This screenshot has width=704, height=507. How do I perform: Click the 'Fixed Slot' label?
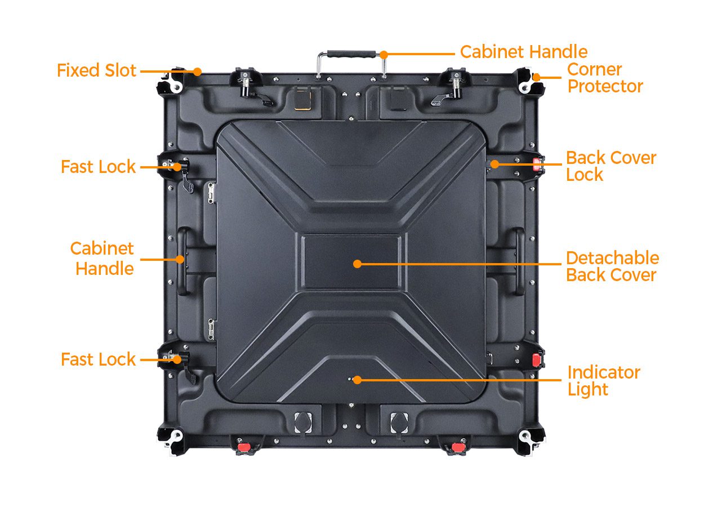[96, 70]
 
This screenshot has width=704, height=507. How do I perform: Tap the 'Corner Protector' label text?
[605, 78]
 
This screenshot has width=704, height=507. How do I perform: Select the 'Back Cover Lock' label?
[611, 166]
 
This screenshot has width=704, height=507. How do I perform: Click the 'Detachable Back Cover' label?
[612, 266]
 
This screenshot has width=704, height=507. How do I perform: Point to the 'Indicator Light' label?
[603, 381]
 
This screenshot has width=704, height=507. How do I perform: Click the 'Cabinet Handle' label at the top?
[524, 52]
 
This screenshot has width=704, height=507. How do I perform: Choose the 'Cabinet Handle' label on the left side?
[102, 259]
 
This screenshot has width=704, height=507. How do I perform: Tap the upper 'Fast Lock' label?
[99, 167]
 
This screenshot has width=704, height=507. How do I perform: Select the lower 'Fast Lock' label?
[99, 359]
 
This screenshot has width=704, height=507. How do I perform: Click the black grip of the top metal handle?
[351, 54]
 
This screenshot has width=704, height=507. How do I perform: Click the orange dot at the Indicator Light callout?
[357, 380]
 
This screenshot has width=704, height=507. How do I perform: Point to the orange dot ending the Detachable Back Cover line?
[357, 264]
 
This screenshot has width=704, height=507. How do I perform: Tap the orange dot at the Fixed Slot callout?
[197, 72]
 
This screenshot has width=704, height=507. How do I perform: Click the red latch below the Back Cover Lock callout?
[537, 360]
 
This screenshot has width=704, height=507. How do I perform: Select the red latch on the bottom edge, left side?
[243, 447]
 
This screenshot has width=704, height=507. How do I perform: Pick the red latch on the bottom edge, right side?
[458, 447]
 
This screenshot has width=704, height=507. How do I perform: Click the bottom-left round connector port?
[303, 422]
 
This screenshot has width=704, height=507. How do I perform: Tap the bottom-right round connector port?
[399, 422]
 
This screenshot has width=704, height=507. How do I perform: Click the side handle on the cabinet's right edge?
[519, 261]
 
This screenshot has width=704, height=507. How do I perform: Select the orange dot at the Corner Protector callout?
[537, 77]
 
